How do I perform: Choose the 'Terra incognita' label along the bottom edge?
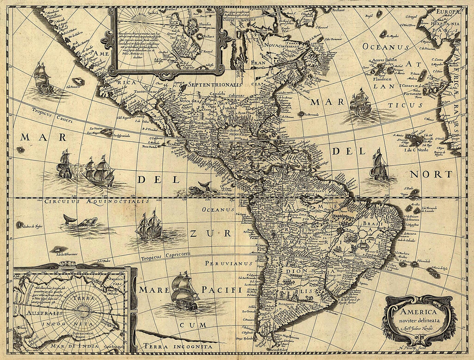click(x=178, y=346)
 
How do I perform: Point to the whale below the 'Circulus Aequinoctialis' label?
click(x=82, y=222)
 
